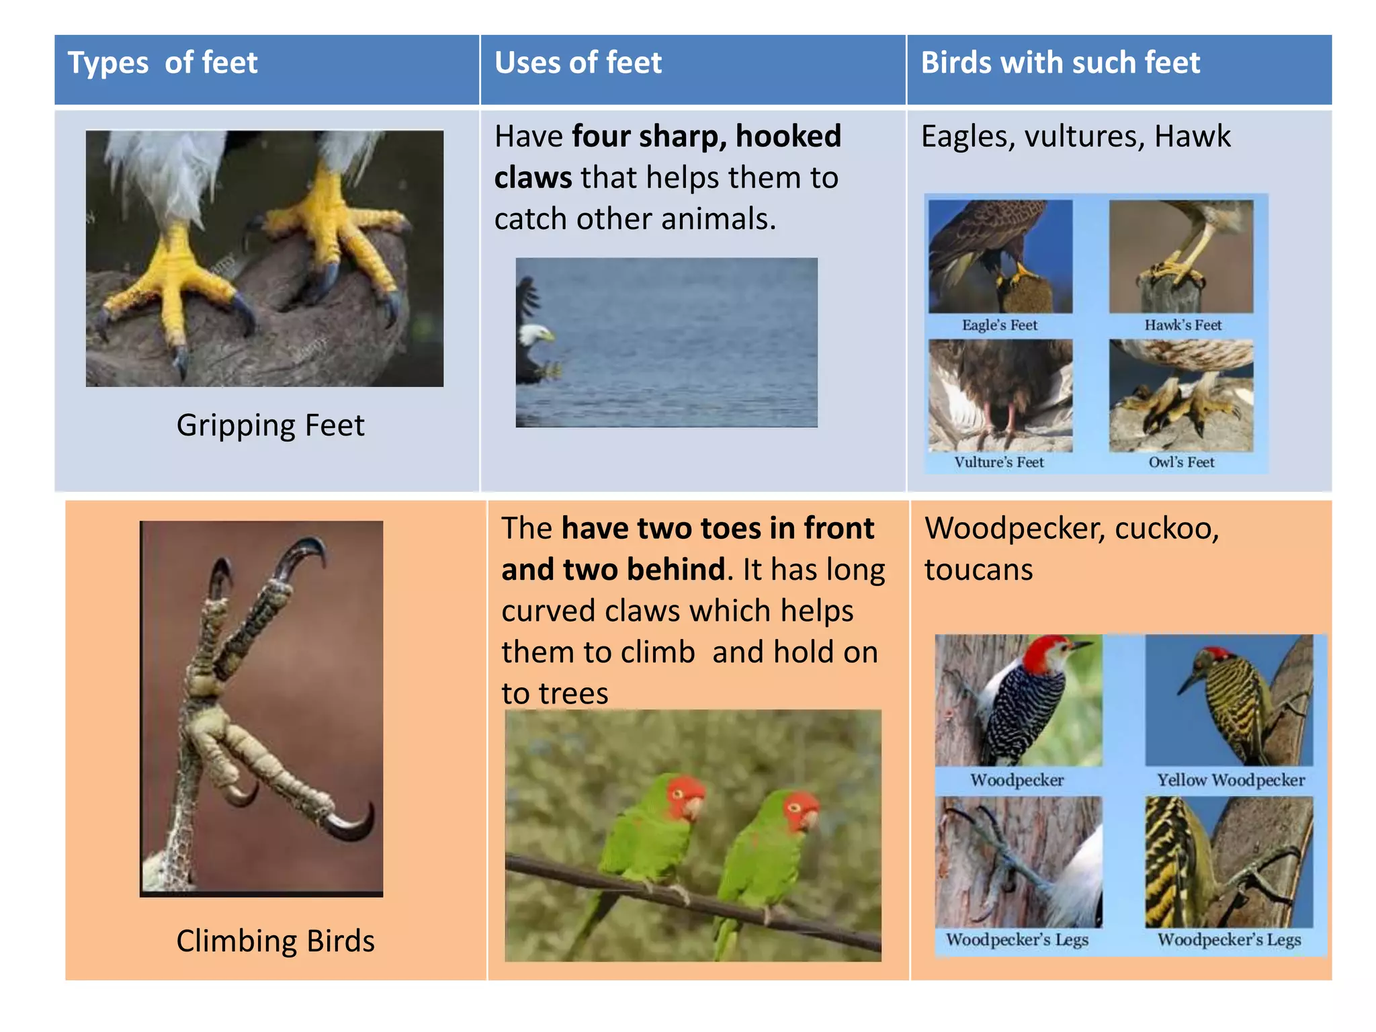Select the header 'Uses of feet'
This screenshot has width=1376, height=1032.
[x=578, y=63]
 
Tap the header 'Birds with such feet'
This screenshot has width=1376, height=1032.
[x=1060, y=63]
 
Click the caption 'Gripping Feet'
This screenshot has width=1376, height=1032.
[x=270, y=425]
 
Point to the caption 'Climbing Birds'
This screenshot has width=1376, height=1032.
[x=275, y=941]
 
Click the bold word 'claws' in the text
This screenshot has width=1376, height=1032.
[x=533, y=178]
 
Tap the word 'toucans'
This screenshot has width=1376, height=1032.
[x=978, y=570]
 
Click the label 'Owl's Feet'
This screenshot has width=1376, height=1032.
[x=1181, y=462]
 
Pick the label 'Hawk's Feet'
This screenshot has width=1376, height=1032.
[x=1182, y=325]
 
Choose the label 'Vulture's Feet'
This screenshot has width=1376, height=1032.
[x=999, y=462]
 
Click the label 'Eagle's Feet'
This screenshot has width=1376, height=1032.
[x=999, y=325]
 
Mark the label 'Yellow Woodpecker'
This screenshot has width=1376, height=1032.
[x=1230, y=780]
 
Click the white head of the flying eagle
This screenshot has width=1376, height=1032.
[x=537, y=333]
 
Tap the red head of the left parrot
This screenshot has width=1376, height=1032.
[x=684, y=794]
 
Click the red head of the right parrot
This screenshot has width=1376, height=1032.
[x=800, y=806]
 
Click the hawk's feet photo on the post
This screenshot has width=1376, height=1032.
[x=1180, y=256]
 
